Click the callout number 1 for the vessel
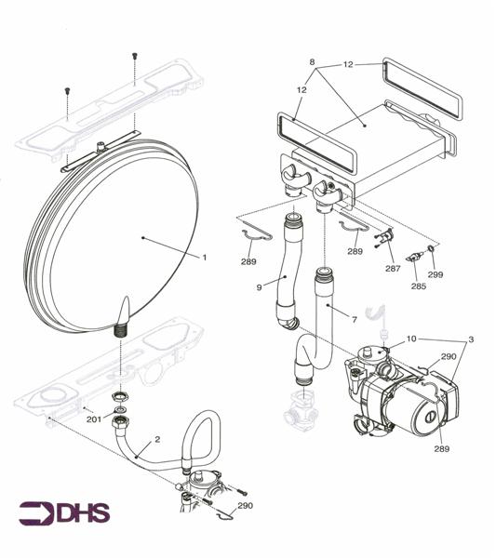pyautogui.click(x=205, y=256)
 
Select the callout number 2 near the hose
pyautogui.click(x=158, y=439)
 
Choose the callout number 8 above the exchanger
pyautogui.click(x=313, y=62)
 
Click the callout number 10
pyautogui.click(x=412, y=341)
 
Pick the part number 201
pyautogui.click(x=93, y=419)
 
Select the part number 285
pyautogui.click(x=419, y=286)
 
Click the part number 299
pyautogui.click(x=435, y=275)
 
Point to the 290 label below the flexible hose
pyautogui.click(x=245, y=505)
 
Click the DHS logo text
pyautogui.click(x=65, y=512)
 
